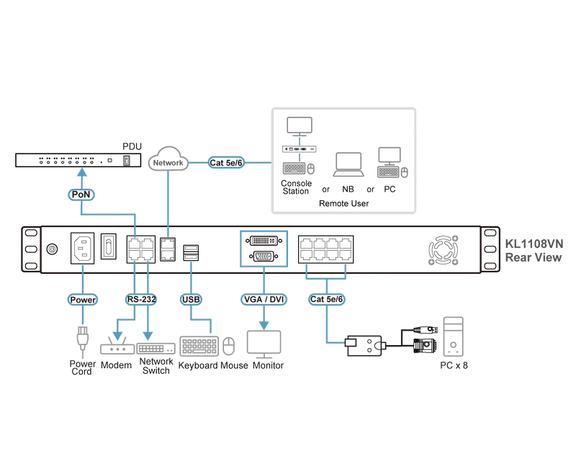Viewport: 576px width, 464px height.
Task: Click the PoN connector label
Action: point(81,195)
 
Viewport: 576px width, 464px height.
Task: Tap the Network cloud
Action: point(168,159)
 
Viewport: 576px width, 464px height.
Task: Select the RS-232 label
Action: point(141,299)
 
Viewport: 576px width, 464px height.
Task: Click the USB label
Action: point(191,299)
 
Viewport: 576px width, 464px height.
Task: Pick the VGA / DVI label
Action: point(264,299)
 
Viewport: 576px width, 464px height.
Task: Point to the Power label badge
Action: point(83,300)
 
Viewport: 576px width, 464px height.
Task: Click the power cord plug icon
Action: point(82,339)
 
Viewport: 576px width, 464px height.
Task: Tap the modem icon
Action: point(117,346)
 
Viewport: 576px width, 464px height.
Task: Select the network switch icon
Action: point(156,348)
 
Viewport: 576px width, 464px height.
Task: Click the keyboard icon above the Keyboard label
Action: point(199,347)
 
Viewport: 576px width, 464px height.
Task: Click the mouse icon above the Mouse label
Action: point(229,346)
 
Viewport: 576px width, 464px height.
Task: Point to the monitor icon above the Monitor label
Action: point(264,344)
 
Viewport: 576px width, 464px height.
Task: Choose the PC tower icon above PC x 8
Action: point(453,336)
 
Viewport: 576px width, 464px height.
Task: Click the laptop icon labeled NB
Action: point(348,164)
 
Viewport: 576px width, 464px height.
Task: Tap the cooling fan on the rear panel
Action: point(444,250)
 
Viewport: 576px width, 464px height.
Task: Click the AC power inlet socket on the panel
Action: point(82,248)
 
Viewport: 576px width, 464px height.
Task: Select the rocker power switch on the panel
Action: point(109,246)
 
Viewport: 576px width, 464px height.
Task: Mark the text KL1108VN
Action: point(534,244)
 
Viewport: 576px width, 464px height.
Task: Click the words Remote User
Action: point(344,203)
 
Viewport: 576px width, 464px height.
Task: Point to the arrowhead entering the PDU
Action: point(83,172)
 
